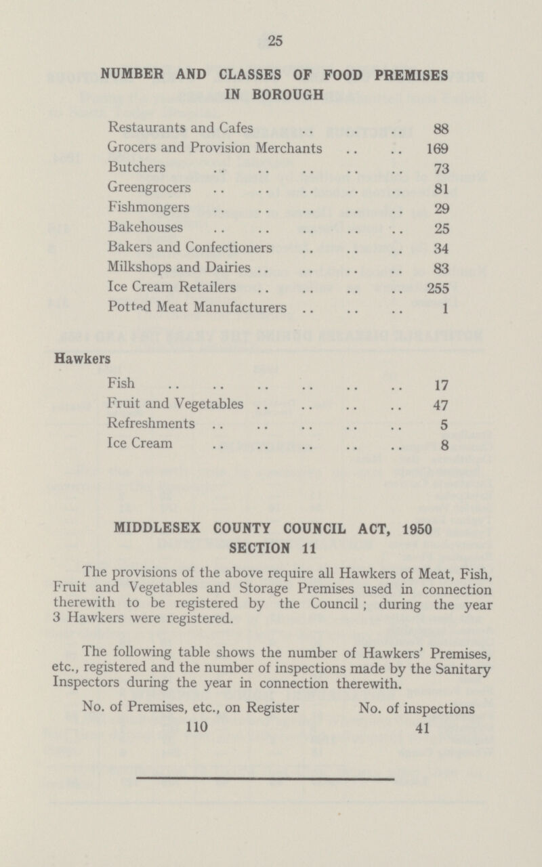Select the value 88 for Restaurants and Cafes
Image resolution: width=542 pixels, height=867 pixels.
tap(438, 126)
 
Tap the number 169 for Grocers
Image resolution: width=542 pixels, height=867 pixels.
tap(434, 146)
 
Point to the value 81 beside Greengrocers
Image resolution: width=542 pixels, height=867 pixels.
tap(438, 186)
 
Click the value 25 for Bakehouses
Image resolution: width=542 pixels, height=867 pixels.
tap(438, 226)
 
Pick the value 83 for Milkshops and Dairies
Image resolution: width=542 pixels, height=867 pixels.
tap(438, 266)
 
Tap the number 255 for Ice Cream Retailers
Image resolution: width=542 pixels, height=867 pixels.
tap(434, 287)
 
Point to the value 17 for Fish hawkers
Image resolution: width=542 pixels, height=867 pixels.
tap(438, 387)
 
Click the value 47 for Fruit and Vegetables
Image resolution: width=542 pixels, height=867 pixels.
tap(438, 406)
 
